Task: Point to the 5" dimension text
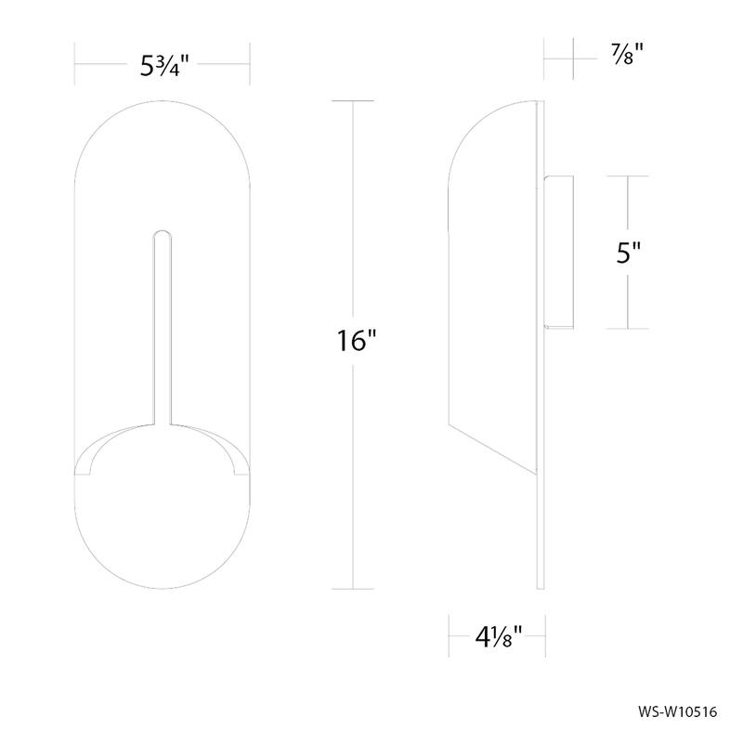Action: [629, 253]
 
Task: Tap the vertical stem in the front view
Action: [163, 325]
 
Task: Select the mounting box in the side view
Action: [560, 252]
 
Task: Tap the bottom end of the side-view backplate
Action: [541, 585]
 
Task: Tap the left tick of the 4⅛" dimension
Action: [449, 637]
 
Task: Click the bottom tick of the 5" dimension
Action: [629, 328]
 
